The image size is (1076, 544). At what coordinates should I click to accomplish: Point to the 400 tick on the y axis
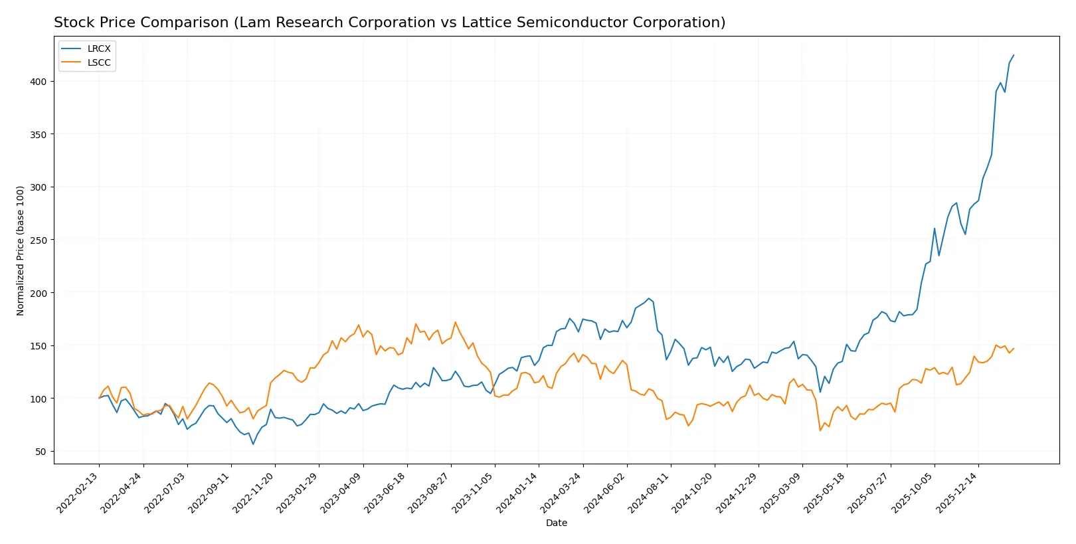coord(38,82)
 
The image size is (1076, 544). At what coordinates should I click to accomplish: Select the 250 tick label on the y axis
coord(38,240)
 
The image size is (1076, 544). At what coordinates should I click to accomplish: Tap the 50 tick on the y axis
coord(41,452)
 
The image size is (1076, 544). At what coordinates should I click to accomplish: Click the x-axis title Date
coord(556,523)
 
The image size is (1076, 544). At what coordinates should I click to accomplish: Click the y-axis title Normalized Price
coord(20,250)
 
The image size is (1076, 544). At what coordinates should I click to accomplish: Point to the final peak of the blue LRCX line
coord(1014,55)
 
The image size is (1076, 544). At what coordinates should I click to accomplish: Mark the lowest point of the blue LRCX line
coord(253,444)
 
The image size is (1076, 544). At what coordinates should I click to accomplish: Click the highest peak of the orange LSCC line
coord(455,322)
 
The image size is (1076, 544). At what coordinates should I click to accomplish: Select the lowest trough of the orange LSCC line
coord(820,430)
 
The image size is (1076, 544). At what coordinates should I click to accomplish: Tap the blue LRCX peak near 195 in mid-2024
coord(649,298)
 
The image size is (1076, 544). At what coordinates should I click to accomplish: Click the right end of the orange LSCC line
coord(1014,348)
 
